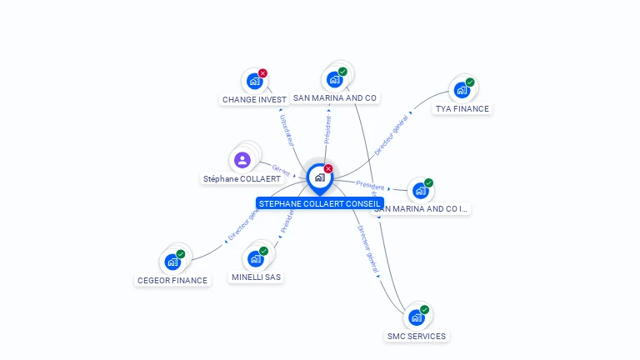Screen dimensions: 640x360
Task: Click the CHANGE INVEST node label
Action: point(254,99)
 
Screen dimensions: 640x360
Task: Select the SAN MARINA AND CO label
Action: point(335,97)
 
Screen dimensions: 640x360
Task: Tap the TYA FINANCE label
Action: point(462,108)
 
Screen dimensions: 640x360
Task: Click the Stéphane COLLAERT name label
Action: point(242,179)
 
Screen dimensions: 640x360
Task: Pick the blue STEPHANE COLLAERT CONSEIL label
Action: point(320,203)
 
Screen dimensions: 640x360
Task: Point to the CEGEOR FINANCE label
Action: point(172,280)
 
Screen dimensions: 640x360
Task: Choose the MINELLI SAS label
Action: point(257,277)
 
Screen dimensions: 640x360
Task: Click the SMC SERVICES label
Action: point(417,336)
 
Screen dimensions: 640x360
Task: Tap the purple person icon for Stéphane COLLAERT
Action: point(242,160)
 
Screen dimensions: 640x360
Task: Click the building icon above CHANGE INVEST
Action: point(254,82)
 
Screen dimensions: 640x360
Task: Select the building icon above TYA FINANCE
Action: point(461,90)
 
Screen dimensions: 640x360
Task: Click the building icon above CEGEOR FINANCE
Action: point(172,262)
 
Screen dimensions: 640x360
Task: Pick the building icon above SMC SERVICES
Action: point(416,317)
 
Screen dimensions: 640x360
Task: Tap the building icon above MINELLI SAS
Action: point(255,258)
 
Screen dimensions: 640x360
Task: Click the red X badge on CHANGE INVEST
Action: point(262,73)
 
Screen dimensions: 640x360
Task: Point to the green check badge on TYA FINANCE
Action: point(470,82)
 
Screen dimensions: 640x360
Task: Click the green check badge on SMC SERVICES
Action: point(424,310)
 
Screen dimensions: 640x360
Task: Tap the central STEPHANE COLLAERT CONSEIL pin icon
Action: point(319,177)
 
